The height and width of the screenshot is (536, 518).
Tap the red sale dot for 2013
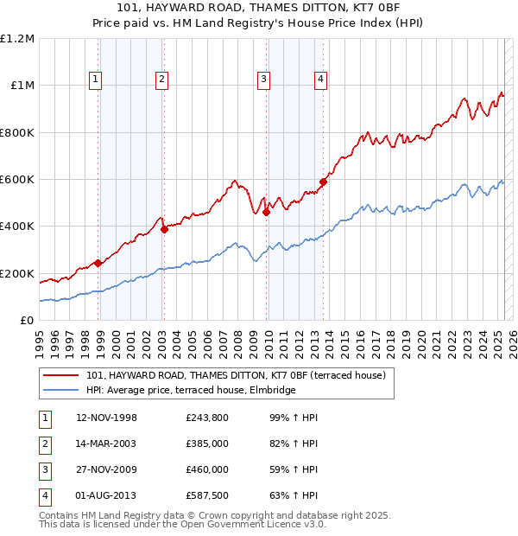tap(323, 182)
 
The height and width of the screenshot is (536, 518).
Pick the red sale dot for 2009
tap(267, 212)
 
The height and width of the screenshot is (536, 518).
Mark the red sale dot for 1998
tap(98, 263)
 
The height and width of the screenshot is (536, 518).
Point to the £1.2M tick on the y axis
tap(17, 39)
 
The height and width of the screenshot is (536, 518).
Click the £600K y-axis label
tap(17, 180)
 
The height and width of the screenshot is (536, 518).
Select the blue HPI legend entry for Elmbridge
tap(191, 390)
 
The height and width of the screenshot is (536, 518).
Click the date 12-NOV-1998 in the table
tap(107, 418)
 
